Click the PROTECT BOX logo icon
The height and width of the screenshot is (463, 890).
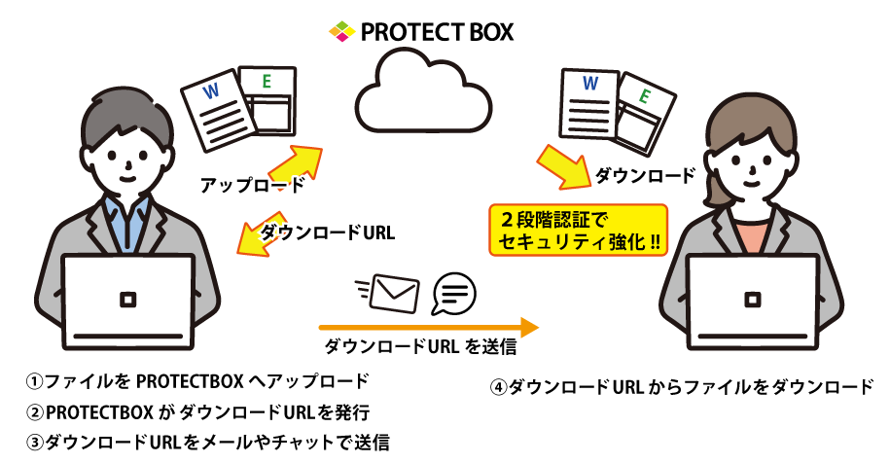tap(341, 32)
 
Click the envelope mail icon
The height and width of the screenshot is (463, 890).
tap(395, 290)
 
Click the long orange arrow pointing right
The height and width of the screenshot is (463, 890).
tap(428, 325)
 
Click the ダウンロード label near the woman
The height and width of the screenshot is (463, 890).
tap(644, 176)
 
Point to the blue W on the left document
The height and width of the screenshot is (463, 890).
tap(211, 94)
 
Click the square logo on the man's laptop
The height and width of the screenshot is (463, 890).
tap(125, 298)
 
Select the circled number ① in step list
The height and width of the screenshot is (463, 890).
tap(36, 380)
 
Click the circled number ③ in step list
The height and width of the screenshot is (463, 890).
tap(36, 443)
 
